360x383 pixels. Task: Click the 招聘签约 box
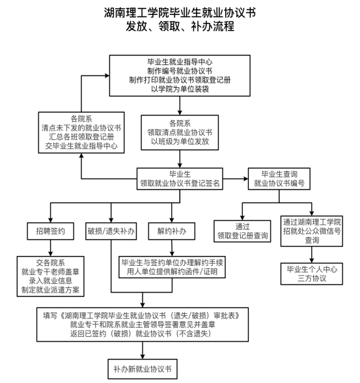(x=50, y=231)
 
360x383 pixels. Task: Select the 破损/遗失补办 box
(x=111, y=231)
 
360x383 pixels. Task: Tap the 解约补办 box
(x=172, y=231)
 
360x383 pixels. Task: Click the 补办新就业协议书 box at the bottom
(x=143, y=369)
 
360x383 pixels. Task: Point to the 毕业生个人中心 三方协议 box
(x=312, y=274)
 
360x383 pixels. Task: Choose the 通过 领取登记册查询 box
(x=242, y=231)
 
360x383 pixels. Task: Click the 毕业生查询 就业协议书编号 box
(x=279, y=178)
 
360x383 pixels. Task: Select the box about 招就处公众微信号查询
(x=312, y=231)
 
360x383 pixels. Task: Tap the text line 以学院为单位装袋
(x=180, y=89)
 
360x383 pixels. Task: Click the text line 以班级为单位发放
(x=180, y=141)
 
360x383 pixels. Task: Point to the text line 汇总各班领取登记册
(x=81, y=137)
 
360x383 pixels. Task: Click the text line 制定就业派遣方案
(x=50, y=290)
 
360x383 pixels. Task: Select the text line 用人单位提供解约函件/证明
(x=172, y=272)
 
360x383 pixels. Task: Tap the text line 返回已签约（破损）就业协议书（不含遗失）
(x=141, y=333)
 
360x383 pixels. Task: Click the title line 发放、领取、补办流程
(x=180, y=26)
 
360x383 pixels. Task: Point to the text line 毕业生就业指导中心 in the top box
(x=180, y=62)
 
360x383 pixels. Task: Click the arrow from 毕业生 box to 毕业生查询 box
(x=236, y=178)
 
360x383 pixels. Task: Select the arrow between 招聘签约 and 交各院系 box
(x=51, y=248)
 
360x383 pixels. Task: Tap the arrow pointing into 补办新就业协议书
(x=143, y=350)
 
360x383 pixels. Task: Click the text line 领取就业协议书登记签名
(x=180, y=183)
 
